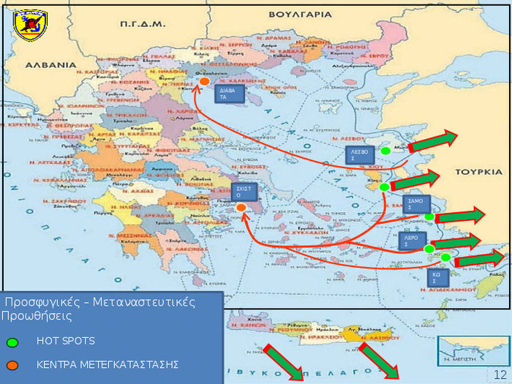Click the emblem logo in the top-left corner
[30, 25]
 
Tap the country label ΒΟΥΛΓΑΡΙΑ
[320, 13]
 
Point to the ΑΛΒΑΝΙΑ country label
[50, 64]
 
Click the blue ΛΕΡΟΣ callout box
[414, 241]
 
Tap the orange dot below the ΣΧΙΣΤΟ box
[241, 208]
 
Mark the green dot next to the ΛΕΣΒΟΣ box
[385, 151]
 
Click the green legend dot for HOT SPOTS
[12, 342]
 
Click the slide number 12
[500, 374]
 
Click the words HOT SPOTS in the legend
[66, 342]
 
